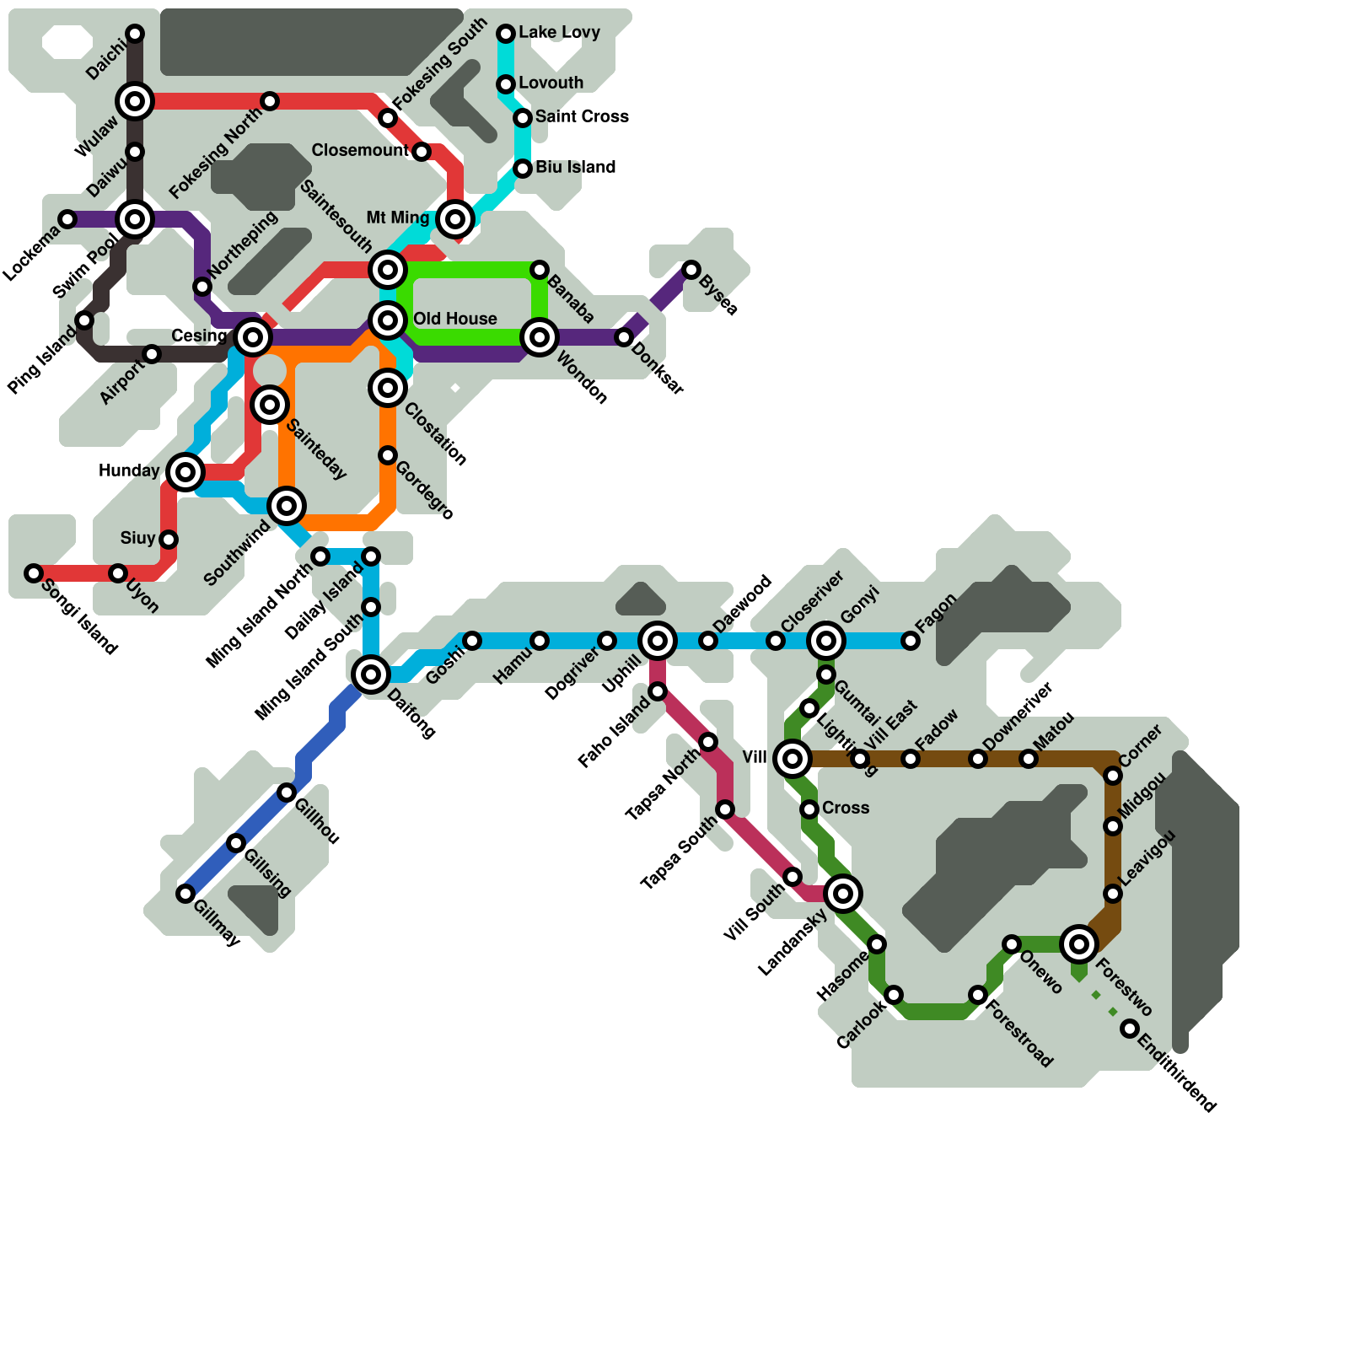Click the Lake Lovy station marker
pyautogui.click(x=506, y=34)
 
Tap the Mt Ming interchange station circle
pyautogui.click(x=455, y=219)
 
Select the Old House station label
pyautogui.click(x=454, y=319)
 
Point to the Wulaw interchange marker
pyautogui.click(x=135, y=101)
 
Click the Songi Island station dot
pyautogui.click(x=34, y=573)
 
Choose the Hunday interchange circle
pyautogui.click(x=185, y=472)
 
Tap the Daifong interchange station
pyautogui.click(x=371, y=674)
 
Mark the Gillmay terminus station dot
pyautogui.click(x=185, y=894)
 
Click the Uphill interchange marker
pyautogui.click(x=658, y=641)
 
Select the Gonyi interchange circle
pyautogui.click(x=826, y=641)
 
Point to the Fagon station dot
pyautogui.click(x=911, y=641)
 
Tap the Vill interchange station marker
pyautogui.click(x=793, y=759)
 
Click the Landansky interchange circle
pyautogui.click(x=843, y=894)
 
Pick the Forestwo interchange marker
pyautogui.click(x=1079, y=944)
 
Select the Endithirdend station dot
pyautogui.click(x=1130, y=1029)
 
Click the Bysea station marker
pyautogui.click(x=691, y=270)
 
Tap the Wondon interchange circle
pyautogui.click(x=540, y=337)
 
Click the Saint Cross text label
pyautogui.click(x=582, y=116)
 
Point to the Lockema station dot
pyautogui.click(x=67, y=219)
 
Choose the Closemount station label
pyautogui.click(x=360, y=150)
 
